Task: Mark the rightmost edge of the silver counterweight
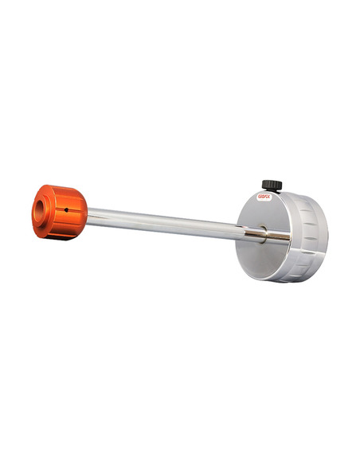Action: pos(327,231)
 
